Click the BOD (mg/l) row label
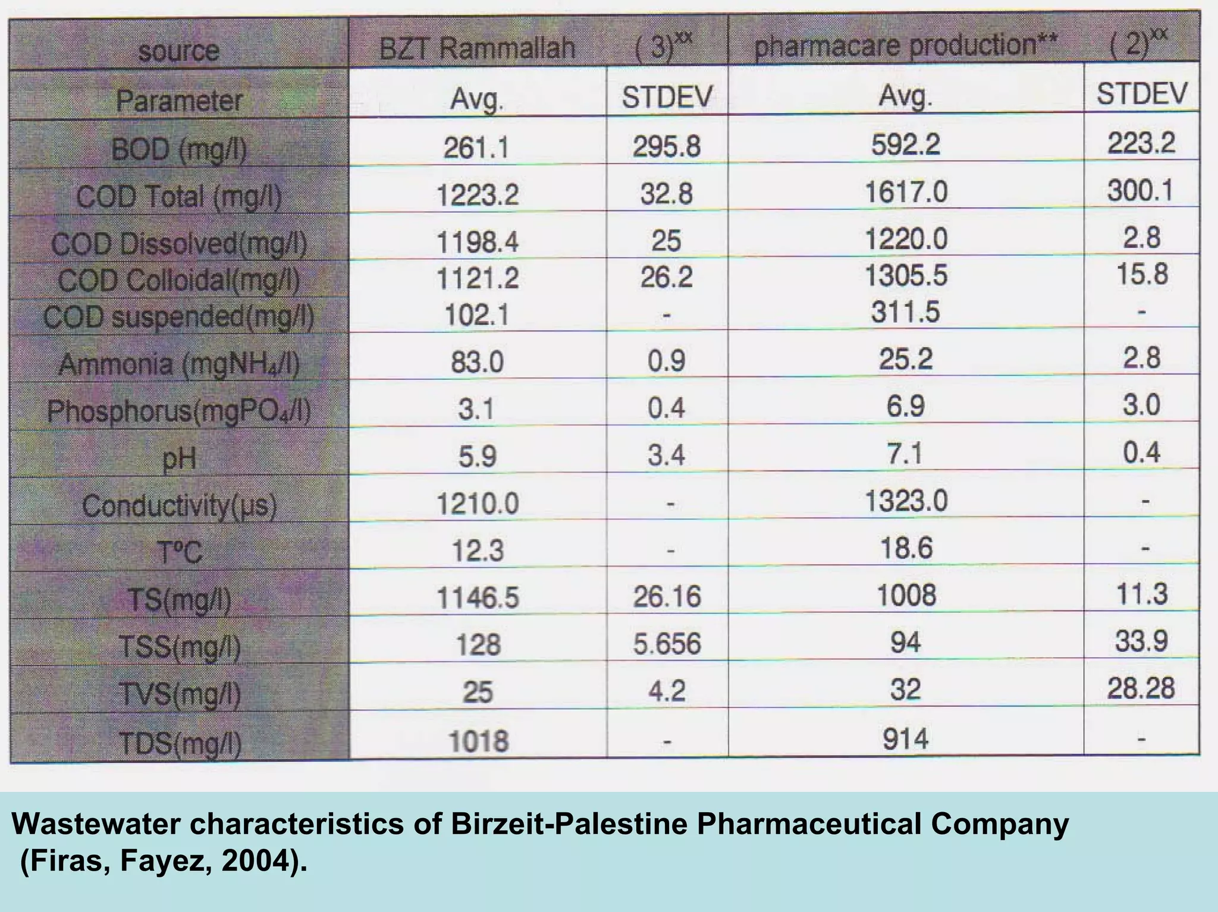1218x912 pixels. pyautogui.click(x=178, y=149)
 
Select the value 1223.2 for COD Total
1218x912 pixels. pyautogui.click(x=477, y=194)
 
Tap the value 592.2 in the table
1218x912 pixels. pyautogui.click(x=905, y=144)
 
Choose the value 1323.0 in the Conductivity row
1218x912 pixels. pyautogui.click(x=905, y=501)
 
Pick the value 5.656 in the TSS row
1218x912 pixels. pyautogui.click(x=667, y=644)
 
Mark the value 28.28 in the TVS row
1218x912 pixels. pyautogui.click(x=1141, y=688)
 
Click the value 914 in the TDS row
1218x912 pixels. pyautogui.click(x=905, y=739)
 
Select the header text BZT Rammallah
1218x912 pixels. pyautogui.click(x=477, y=48)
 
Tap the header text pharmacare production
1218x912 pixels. pyautogui.click(x=905, y=45)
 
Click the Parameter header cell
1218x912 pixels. pyautogui.click(x=178, y=100)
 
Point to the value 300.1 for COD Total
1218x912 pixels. pyautogui.click(x=1141, y=191)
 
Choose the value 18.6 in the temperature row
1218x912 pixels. pyautogui.click(x=905, y=548)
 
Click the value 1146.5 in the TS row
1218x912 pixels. pyautogui.click(x=477, y=597)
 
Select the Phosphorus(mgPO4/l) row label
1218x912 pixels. pyautogui.click(x=178, y=411)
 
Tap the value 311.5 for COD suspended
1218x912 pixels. pyautogui.click(x=905, y=312)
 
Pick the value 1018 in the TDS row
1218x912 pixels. pyautogui.click(x=478, y=741)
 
